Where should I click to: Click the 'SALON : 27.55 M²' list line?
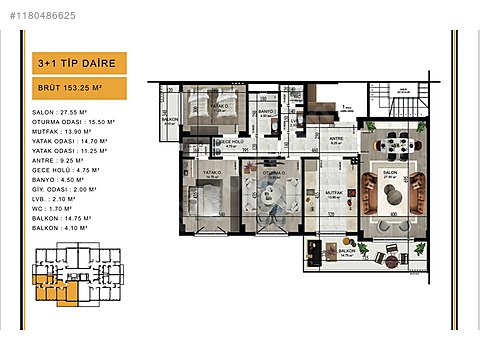point(61,113)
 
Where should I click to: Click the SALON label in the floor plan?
point(389,172)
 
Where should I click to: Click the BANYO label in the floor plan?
point(265,111)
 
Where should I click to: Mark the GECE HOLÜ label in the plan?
point(229,143)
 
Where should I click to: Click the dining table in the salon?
point(392,145)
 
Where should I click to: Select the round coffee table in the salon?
point(391,189)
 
